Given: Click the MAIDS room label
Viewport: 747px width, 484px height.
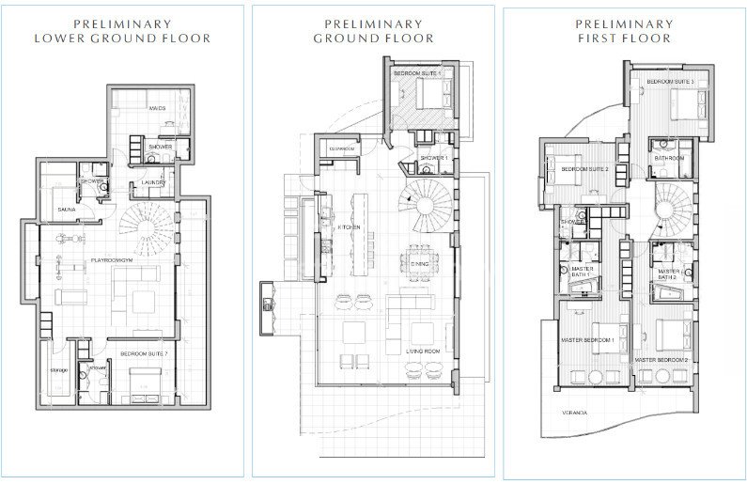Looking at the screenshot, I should pyautogui.click(x=157, y=109).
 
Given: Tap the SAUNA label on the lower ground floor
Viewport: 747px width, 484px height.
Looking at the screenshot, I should pyautogui.click(x=66, y=209).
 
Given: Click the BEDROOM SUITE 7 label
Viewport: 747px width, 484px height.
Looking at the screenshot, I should pyautogui.click(x=144, y=354).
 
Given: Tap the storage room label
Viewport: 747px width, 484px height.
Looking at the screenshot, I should pyautogui.click(x=58, y=370).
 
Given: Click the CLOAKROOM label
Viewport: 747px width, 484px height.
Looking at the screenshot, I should pyautogui.click(x=341, y=148).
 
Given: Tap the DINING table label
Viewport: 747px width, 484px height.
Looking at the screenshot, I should pyautogui.click(x=419, y=264).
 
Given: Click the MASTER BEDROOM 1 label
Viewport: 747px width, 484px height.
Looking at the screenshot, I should pyautogui.click(x=588, y=339).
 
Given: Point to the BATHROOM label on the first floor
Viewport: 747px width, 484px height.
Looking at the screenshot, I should pyautogui.click(x=668, y=158).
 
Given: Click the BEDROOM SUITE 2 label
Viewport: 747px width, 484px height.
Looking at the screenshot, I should pyautogui.click(x=585, y=169).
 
